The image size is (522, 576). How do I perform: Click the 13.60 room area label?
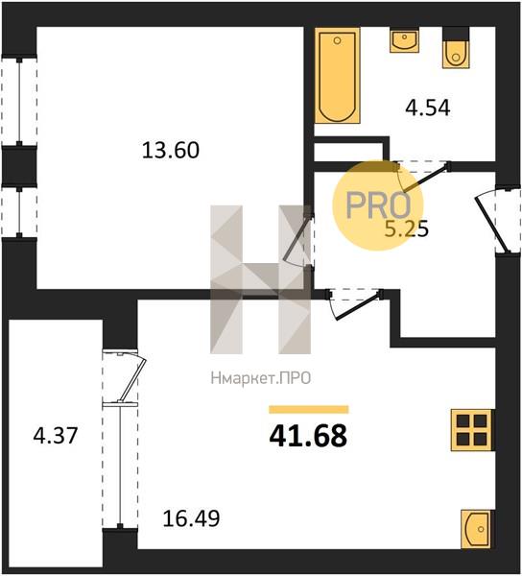tap(171, 151)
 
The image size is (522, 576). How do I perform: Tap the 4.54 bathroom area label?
tap(428, 108)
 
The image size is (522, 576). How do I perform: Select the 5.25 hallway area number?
tap(406, 229)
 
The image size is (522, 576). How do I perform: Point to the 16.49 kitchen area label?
tap(191, 518)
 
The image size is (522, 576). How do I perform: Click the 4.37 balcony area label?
tap(56, 436)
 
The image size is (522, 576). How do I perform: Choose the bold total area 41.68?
tap(308, 436)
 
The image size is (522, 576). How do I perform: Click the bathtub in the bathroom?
tap(338, 76)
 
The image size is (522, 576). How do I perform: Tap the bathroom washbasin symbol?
tap(404, 40)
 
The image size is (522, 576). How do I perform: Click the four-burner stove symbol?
tap(472, 430)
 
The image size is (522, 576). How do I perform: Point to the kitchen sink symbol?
tap(477, 529)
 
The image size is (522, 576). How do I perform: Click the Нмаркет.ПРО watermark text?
tap(261, 378)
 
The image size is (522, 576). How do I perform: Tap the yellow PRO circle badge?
tap(378, 205)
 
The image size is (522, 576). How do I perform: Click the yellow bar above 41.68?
tap(308, 409)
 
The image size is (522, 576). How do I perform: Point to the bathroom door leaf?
tap(425, 179)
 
